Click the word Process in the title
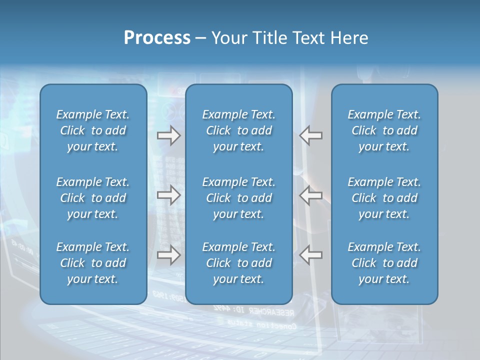click(157, 38)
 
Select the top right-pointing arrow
click(168, 135)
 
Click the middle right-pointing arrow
click(168, 195)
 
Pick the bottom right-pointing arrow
click(168, 255)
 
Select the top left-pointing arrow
click(311, 135)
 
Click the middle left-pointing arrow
click(311, 195)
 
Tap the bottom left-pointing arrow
click(311, 255)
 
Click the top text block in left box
click(93, 130)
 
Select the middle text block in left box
click(93, 198)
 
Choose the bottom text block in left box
click(93, 263)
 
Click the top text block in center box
click(238, 130)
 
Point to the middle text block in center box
click(238, 198)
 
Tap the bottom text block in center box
click(238, 263)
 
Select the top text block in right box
click(384, 130)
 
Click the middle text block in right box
click(384, 198)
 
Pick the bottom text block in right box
click(384, 263)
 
